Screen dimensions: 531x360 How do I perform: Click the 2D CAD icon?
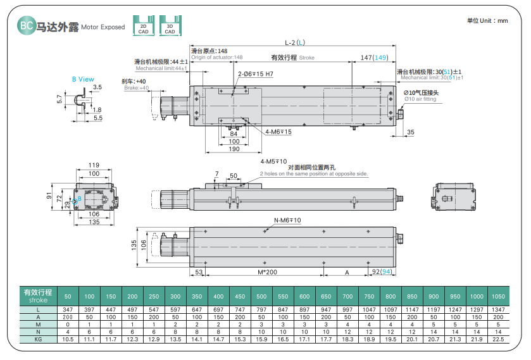pyautogui.click(x=144, y=25)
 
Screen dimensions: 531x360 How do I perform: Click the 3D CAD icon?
pyautogui.click(x=170, y=25)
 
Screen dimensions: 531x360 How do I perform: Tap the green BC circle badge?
pyautogui.click(x=27, y=25)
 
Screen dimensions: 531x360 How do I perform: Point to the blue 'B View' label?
pyautogui.click(x=83, y=79)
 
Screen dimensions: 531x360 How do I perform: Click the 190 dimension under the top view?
pyautogui.click(x=234, y=149)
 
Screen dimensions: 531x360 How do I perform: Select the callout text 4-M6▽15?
pyautogui.click(x=278, y=132)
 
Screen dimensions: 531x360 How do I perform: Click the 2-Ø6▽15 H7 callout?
pyautogui.click(x=255, y=74)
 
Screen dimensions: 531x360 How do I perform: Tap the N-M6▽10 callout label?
pyautogui.click(x=287, y=220)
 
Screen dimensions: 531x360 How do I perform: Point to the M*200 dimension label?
pyautogui.click(x=267, y=272)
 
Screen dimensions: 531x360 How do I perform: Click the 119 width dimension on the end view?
pyautogui.click(x=94, y=165)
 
